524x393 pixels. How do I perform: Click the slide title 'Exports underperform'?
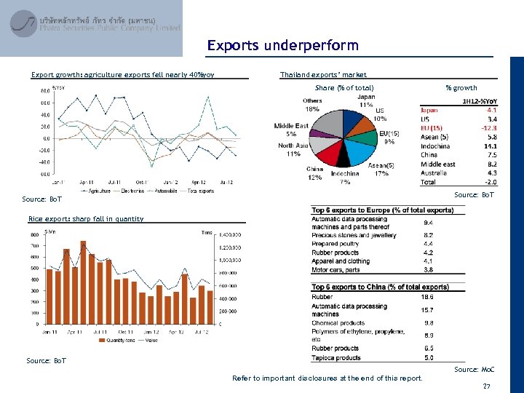(282, 46)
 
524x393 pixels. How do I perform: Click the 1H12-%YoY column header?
(480, 101)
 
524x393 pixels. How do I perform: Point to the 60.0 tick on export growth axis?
(44, 91)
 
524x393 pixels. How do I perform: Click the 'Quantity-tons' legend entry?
(119, 339)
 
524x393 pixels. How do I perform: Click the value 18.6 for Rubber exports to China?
(429, 297)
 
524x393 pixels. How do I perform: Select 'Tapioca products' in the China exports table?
(336, 358)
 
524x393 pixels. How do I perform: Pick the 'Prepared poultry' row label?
(336, 244)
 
